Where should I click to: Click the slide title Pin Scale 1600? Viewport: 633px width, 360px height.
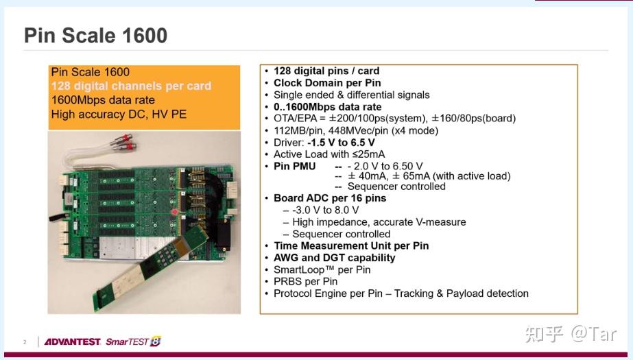pyautogui.click(x=95, y=36)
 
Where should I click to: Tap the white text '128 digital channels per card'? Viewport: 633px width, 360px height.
pyautogui.click(x=131, y=86)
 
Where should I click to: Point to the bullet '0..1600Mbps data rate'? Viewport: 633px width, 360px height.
pyautogui.click(x=327, y=107)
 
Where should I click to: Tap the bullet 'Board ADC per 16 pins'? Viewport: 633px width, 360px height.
pyautogui.click(x=330, y=198)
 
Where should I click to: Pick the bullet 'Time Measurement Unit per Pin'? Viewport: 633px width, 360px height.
pyautogui.click(x=351, y=245)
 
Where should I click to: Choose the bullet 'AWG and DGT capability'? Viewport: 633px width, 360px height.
pyautogui.click(x=334, y=258)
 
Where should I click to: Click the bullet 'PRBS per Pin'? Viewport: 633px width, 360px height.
pyautogui.click(x=305, y=281)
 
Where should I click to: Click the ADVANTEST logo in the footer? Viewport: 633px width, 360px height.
pyautogui.click(x=73, y=341)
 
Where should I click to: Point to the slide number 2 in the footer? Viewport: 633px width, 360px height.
pyautogui.click(x=25, y=342)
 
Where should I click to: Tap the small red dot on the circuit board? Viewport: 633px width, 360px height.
pyautogui.click(x=176, y=213)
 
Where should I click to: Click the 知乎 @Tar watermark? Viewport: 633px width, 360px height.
pyautogui.click(x=571, y=334)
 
